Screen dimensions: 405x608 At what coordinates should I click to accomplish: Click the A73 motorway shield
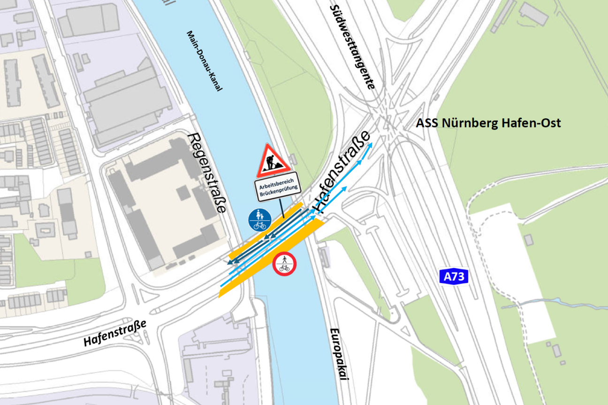tap(454, 277)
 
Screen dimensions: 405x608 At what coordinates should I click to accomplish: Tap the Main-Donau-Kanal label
tap(204, 61)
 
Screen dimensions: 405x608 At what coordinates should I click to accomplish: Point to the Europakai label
tap(338, 356)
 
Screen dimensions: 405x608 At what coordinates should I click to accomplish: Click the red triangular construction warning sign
tap(273, 161)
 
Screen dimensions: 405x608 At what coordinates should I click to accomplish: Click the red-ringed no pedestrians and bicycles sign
tap(284, 264)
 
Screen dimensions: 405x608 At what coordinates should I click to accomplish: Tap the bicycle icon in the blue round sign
tap(260, 225)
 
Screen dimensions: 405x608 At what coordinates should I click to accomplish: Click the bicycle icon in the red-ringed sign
tap(284, 269)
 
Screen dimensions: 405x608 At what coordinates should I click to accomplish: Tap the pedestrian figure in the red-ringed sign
tap(284, 259)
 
